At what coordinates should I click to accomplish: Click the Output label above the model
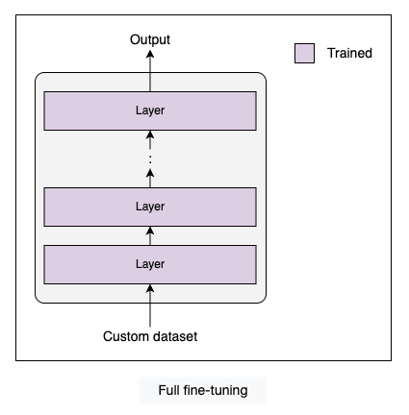150,39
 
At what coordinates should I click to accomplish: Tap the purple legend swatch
304,53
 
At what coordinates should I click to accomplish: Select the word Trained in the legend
349,53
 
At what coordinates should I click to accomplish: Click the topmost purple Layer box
150,110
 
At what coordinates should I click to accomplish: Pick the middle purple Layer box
150,207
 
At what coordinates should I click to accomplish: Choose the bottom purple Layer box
150,264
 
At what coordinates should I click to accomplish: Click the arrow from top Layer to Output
150,71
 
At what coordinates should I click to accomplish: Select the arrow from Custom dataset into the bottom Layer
150,305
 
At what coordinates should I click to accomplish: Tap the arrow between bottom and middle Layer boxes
150,236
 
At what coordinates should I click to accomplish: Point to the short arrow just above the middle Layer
150,179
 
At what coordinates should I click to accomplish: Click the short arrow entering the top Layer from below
150,140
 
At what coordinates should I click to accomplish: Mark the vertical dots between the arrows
150,159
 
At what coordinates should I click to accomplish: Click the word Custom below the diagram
125,336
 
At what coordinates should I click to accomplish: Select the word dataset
174,336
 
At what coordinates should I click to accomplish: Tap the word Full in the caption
169,390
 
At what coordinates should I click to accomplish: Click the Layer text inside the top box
150,110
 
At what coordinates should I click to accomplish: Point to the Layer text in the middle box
150,207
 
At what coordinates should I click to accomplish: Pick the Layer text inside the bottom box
150,264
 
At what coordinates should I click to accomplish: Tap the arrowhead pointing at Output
150,54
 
